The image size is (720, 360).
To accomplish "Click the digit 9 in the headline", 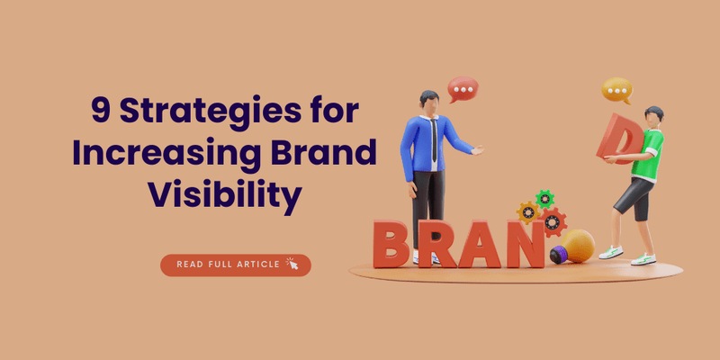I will point(103,111).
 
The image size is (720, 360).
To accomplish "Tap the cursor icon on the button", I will point(291,264).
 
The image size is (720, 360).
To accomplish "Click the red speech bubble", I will point(463,89).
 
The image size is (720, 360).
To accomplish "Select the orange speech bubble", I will point(616,90).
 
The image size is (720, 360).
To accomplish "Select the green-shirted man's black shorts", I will point(635,196).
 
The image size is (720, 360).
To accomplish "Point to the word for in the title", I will point(333,112).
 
